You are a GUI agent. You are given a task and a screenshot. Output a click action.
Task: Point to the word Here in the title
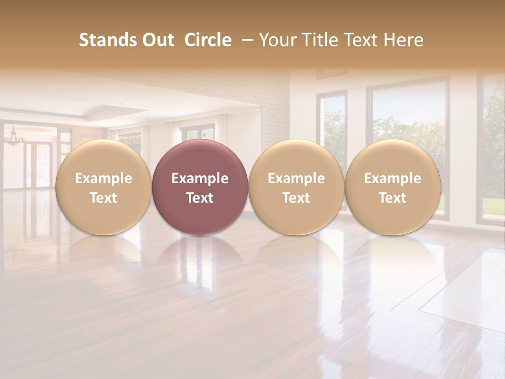[403, 40]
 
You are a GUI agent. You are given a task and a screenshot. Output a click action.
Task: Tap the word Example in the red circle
[200, 178]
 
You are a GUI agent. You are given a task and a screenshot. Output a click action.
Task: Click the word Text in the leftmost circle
[104, 198]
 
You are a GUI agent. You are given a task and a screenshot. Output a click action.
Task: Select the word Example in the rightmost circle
[393, 178]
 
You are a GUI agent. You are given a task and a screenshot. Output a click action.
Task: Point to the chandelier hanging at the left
[14, 138]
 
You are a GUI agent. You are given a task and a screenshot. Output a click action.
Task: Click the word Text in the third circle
[296, 198]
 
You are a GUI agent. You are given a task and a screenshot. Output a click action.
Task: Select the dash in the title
[245, 40]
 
